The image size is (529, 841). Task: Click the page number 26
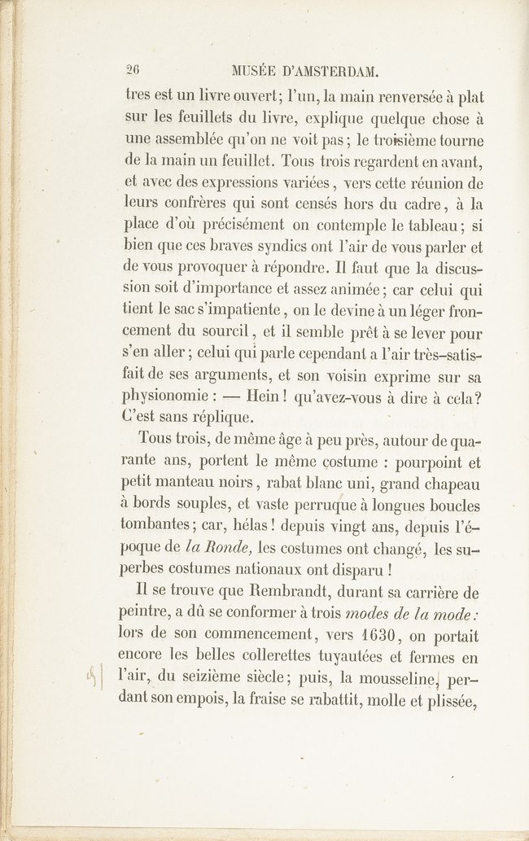pos(133,70)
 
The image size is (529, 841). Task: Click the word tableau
pos(422,224)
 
